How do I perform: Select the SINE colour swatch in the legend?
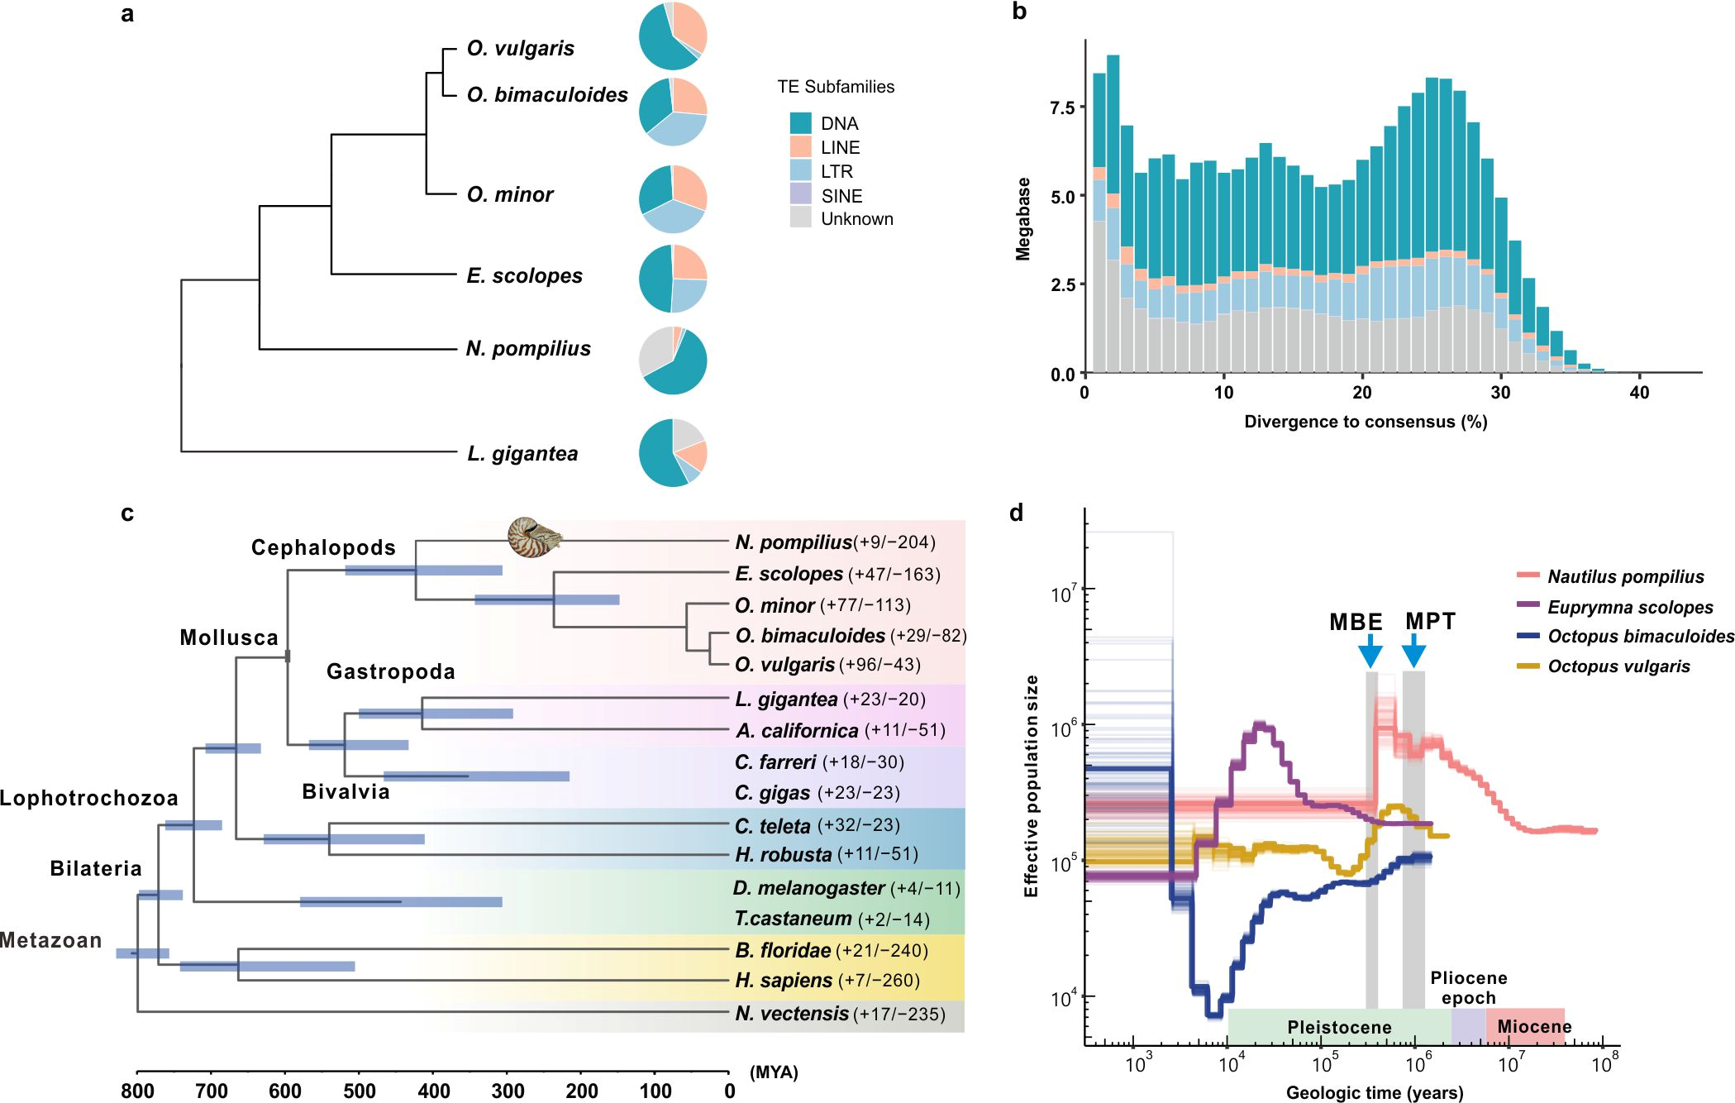click(x=800, y=195)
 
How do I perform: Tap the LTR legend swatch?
click(x=800, y=171)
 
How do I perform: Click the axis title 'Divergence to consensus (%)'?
click(x=1366, y=422)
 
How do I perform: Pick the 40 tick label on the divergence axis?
click(x=1639, y=393)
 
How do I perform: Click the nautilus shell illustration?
click(x=534, y=537)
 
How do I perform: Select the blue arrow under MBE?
click(x=1370, y=651)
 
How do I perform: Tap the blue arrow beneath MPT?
click(x=1413, y=651)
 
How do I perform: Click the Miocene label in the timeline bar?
click(x=1534, y=1027)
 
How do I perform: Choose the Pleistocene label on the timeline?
click(x=1339, y=1027)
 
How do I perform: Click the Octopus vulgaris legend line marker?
click(x=1528, y=666)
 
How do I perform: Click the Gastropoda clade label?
click(x=391, y=671)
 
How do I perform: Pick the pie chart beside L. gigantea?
click(x=673, y=453)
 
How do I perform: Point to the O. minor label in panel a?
click(x=510, y=194)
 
